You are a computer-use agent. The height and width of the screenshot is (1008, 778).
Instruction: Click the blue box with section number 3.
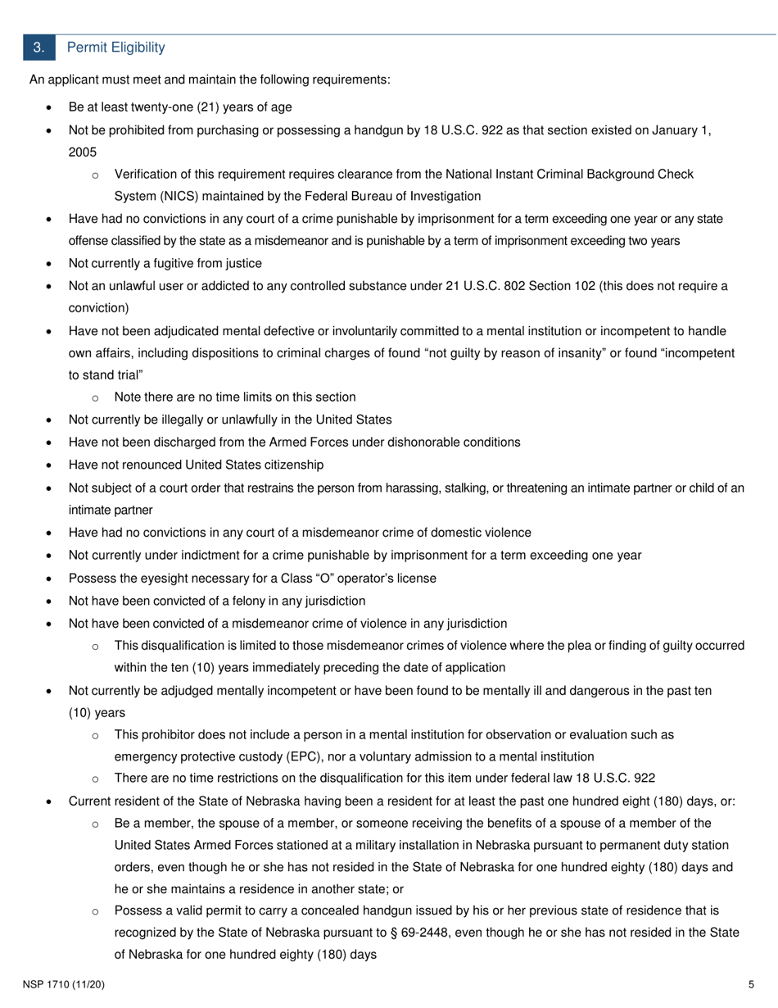(x=38, y=48)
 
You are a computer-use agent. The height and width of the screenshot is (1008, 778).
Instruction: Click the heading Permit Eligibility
(x=115, y=48)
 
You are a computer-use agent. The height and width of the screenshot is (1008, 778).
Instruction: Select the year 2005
(x=83, y=152)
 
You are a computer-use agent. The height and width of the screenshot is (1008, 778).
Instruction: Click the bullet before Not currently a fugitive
(x=50, y=264)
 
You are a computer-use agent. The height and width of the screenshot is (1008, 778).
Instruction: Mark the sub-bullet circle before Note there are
(x=96, y=398)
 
